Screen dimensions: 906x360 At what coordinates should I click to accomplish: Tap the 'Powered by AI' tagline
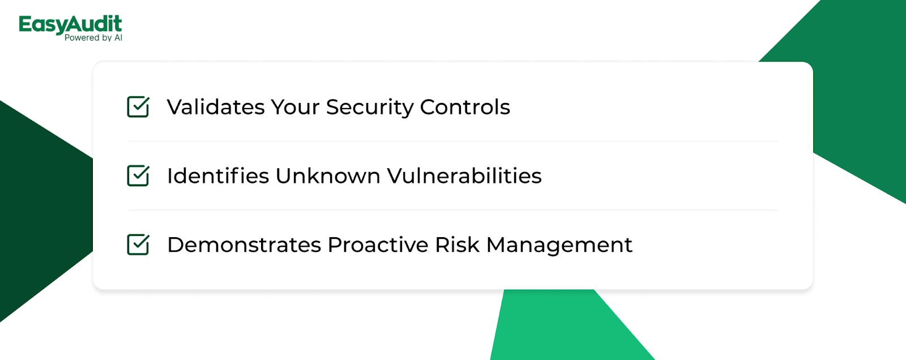(93, 37)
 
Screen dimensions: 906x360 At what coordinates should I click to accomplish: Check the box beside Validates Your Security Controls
(138, 107)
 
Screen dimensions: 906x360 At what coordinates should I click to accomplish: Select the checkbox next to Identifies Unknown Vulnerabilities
(138, 175)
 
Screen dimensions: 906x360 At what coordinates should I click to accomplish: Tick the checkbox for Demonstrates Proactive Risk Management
(138, 245)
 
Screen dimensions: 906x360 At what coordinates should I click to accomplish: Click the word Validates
(216, 107)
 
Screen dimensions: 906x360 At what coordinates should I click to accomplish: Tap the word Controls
(465, 107)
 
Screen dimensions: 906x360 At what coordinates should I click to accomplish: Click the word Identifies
(219, 175)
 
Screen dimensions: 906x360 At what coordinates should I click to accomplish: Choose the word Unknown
(328, 175)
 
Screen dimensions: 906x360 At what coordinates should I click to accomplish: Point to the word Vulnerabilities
(464, 175)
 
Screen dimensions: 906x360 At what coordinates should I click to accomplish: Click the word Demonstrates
(244, 245)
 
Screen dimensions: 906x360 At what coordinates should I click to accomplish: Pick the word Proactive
(378, 245)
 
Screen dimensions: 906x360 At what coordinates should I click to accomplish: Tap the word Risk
(457, 245)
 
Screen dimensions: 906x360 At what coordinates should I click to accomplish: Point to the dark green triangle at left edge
(40, 211)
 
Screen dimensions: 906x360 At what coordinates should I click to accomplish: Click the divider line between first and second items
(453, 141)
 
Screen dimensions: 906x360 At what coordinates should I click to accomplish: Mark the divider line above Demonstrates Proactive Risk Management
(453, 210)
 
